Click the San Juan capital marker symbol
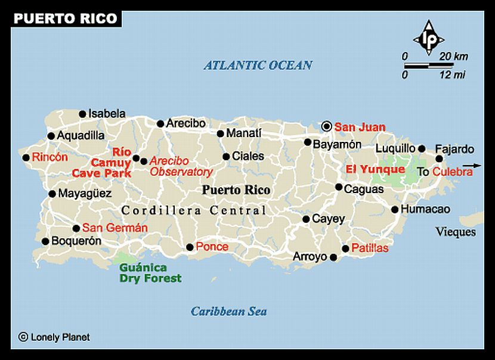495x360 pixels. (x=326, y=126)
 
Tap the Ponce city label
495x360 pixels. (x=212, y=247)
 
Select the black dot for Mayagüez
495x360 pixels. (x=52, y=194)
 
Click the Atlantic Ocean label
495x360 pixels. (x=258, y=65)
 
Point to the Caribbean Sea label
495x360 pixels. (x=228, y=311)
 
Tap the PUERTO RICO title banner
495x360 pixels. (x=65, y=18)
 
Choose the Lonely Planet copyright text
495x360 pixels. (x=54, y=337)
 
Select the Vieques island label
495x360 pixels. (x=456, y=232)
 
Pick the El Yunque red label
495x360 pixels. (x=375, y=169)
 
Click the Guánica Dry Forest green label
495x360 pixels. (x=150, y=273)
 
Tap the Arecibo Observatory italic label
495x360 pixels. (x=181, y=166)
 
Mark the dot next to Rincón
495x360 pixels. (x=26, y=158)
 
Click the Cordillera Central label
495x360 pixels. (x=194, y=210)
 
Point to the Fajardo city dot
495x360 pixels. (x=440, y=159)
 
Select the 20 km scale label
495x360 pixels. (x=453, y=56)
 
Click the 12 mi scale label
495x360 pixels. (x=453, y=75)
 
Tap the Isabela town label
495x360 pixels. (x=107, y=113)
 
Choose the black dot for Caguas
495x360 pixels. (x=339, y=187)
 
